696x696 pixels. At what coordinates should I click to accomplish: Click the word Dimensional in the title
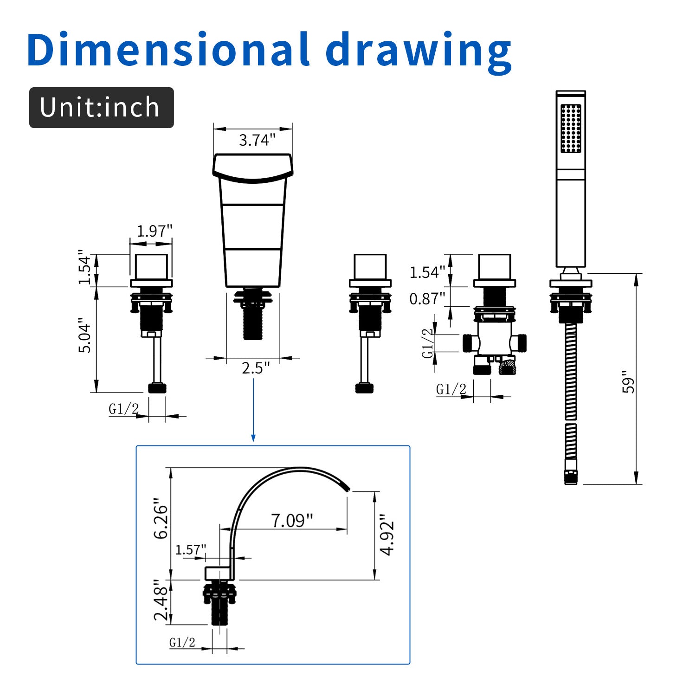[168, 50]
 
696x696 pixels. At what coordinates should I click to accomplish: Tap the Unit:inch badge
[102, 108]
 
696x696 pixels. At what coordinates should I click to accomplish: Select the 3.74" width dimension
[257, 140]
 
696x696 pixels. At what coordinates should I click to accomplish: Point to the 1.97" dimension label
[155, 231]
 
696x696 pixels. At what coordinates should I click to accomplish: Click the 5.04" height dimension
[85, 335]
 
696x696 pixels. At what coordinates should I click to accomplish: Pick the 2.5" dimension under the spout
[255, 368]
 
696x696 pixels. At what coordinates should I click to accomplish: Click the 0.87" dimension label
[427, 299]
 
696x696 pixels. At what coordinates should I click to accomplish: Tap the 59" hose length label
[628, 382]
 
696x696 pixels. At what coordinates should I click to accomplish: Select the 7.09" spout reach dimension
[292, 521]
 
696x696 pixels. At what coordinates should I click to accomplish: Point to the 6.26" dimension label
[161, 519]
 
